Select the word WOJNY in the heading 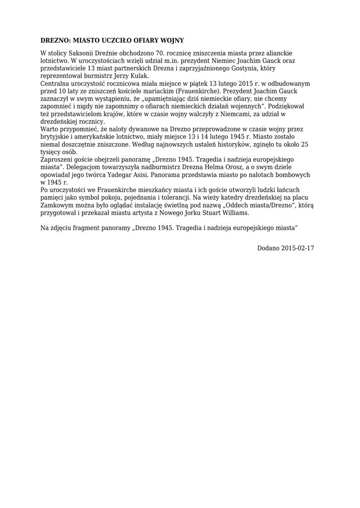tap(170, 40)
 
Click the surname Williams tap(232, 213)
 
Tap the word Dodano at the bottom tap(269, 248)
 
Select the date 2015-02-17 tap(298, 248)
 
